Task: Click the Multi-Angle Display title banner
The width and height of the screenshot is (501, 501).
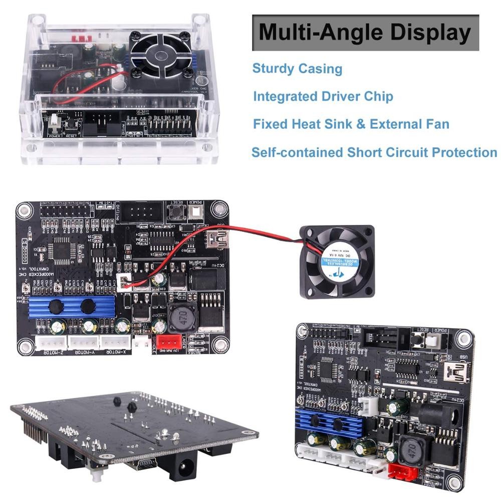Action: pyautogui.click(x=365, y=33)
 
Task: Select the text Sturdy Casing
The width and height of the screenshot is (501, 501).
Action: pyautogui.click(x=297, y=69)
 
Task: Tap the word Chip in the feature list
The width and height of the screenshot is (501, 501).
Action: pyautogui.click(x=376, y=96)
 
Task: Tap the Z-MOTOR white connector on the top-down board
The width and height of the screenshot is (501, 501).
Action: pyautogui.click(x=51, y=342)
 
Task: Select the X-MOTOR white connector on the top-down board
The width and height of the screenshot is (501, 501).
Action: pyautogui.click(x=116, y=342)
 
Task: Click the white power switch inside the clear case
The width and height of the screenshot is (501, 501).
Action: pyautogui.click(x=55, y=121)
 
